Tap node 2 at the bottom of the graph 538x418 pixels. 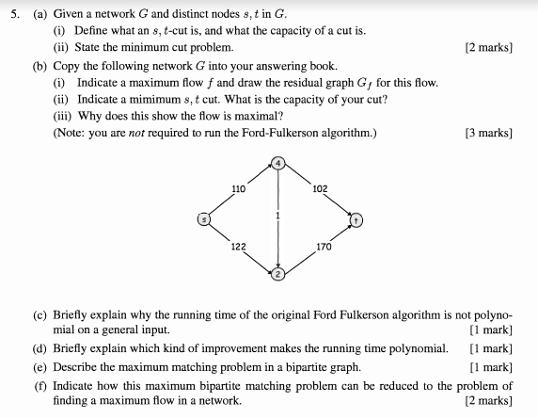coord(278,276)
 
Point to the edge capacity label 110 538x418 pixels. coord(238,188)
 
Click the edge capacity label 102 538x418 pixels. coord(319,188)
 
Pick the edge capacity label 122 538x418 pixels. coord(238,246)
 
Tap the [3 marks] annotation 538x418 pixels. coord(488,133)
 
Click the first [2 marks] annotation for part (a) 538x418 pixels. coord(488,46)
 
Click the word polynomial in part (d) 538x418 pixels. coord(416,348)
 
